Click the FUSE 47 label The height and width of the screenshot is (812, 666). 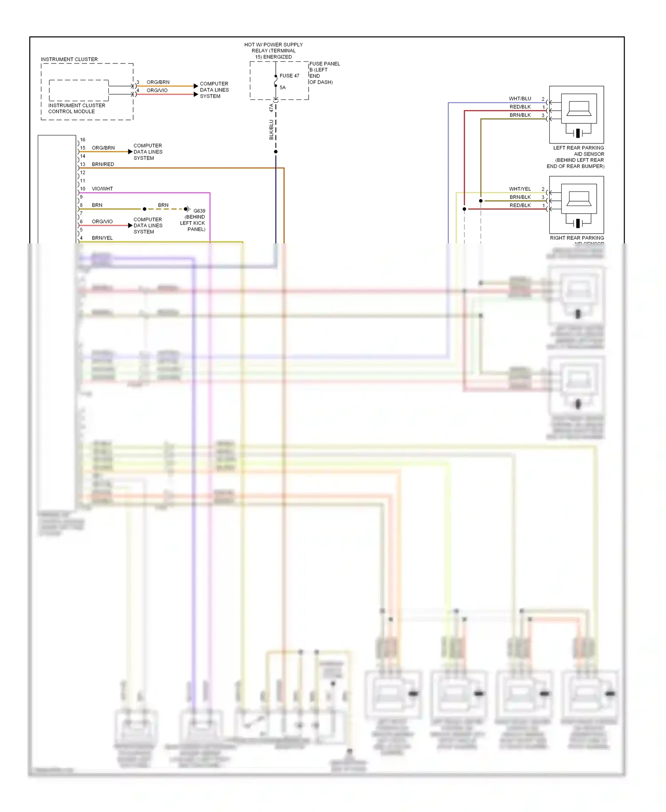289,76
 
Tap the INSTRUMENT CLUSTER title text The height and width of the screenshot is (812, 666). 69,59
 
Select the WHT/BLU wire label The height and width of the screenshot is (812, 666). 519,99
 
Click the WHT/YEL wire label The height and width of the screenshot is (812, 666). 519,189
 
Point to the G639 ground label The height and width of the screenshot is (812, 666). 199,211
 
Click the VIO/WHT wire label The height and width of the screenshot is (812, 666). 102,189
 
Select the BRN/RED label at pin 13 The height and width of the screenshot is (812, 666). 103,164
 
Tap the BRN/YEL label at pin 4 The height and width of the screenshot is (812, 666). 102,238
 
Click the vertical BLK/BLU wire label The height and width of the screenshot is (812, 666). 271,130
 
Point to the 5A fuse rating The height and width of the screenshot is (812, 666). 282,88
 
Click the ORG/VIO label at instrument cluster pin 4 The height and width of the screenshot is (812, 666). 157,90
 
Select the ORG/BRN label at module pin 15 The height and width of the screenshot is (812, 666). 103,148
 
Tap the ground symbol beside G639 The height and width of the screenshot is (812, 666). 188,209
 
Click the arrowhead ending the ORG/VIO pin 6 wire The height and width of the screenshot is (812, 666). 130,226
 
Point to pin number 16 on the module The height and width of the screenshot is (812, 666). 83,139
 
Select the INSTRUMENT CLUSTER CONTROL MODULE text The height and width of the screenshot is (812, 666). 76,108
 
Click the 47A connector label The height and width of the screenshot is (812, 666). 271,108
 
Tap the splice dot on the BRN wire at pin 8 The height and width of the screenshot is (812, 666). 144,209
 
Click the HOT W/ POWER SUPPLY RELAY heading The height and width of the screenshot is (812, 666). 274,51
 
